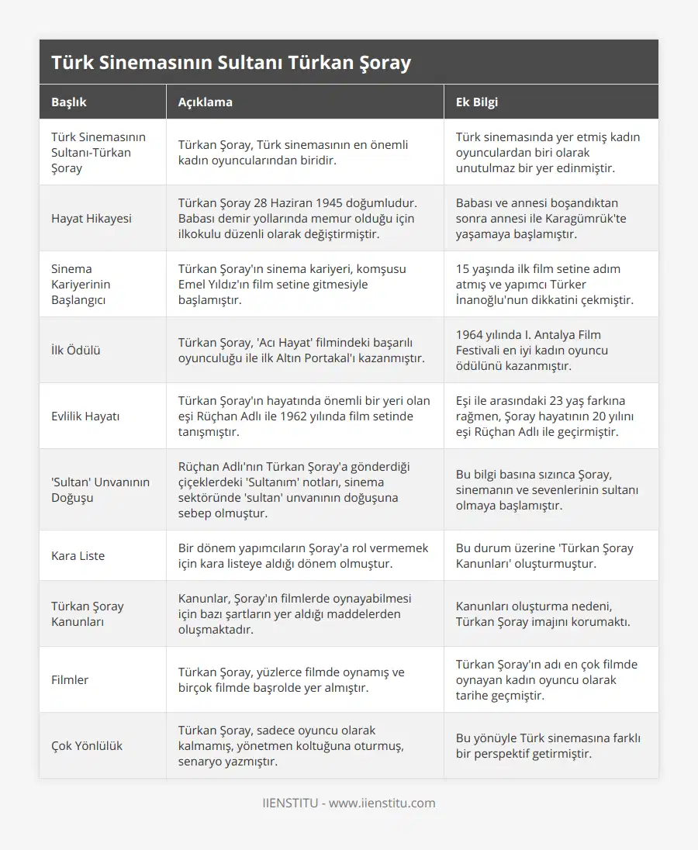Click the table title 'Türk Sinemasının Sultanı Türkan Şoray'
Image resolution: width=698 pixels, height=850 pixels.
tap(231, 62)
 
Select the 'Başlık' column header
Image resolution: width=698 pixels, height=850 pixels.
tap(69, 102)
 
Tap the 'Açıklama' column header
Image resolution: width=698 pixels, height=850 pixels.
tap(206, 102)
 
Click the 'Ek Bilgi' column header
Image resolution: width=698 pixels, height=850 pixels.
tap(477, 102)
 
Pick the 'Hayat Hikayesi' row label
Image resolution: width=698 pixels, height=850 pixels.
tap(92, 219)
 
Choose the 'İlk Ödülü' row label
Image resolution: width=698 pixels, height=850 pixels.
tap(75, 351)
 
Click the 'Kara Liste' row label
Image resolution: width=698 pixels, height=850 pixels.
tap(78, 556)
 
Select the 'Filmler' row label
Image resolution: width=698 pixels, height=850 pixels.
tap(70, 680)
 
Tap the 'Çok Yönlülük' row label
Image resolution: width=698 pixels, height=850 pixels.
tap(87, 746)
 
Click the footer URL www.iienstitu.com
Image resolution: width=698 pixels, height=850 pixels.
tap(382, 803)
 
